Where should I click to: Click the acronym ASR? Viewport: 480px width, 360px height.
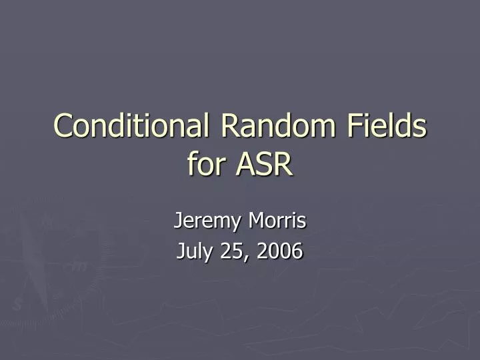coord(265,164)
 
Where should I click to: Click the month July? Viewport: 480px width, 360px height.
coord(195,251)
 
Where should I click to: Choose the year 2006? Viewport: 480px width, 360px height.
coord(278,251)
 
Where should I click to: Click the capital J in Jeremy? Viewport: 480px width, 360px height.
coord(178,219)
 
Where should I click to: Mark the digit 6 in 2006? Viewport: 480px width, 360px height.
coord(297,251)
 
